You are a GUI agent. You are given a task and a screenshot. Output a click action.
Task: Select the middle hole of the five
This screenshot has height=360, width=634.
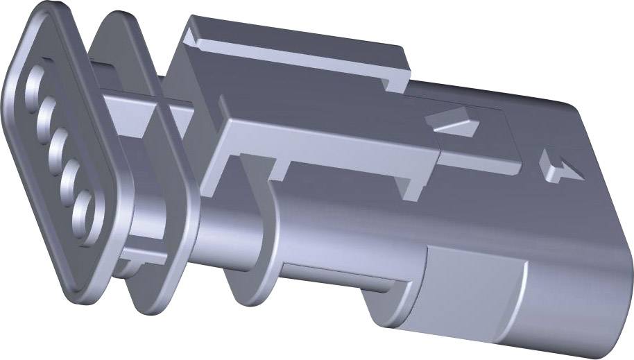click(58, 144)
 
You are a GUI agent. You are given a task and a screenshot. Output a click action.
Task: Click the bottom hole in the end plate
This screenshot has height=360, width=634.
click(85, 209)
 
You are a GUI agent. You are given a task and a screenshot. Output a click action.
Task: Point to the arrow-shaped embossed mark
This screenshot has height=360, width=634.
click(558, 166)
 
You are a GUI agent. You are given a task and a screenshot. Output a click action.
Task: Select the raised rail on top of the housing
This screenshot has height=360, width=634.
click(291, 45)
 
